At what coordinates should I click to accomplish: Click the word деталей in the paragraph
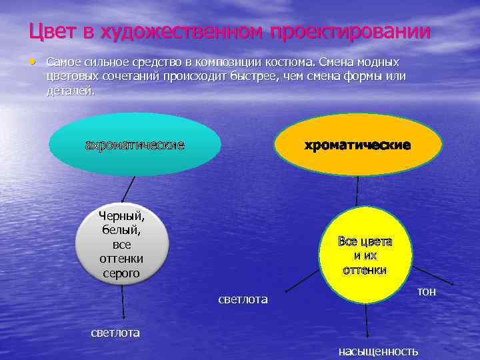[x=71, y=91]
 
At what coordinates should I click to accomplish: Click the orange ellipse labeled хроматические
[x=357, y=145]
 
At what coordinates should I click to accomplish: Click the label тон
[x=426, y=291]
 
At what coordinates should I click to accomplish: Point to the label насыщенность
[x=378, y=351]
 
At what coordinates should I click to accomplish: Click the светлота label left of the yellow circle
[x=243, y=299]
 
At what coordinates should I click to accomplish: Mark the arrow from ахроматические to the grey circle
[x=128, y=188]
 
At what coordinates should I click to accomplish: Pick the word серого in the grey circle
[x=120, y=273]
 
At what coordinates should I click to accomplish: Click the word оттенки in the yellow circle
[x=365, y=270]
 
